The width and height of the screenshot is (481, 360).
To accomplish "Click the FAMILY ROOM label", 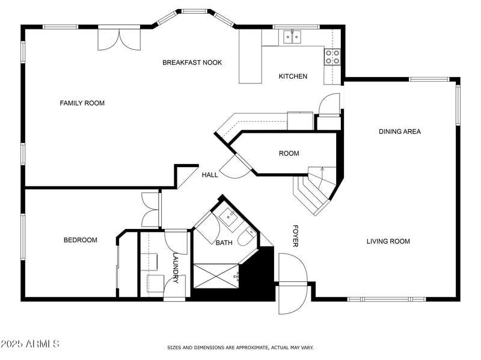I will [82, 103].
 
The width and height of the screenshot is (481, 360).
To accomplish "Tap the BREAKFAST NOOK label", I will [192, 63].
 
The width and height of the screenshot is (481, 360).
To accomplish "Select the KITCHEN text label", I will [293, 76].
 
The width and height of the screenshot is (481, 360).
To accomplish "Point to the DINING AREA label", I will [399, 132].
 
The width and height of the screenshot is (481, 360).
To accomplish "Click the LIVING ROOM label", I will [388, 242].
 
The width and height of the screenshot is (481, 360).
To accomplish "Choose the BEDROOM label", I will [80, 240].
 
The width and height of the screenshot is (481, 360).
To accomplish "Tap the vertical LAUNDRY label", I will [176, 267].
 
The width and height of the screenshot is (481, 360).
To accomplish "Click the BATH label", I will [224, 243].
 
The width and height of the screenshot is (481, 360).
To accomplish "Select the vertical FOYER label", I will [295, 236].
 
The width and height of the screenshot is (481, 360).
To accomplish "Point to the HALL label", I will [210, 175].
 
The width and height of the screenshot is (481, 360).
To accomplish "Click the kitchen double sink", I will [292, 37].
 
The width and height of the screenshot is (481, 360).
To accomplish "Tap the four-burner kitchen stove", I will [332, 56].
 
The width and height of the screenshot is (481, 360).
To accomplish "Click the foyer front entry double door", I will [293, 283].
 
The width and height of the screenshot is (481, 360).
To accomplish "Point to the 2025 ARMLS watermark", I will [30, 344].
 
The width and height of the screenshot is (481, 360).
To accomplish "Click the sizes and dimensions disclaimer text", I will [240, 347].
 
